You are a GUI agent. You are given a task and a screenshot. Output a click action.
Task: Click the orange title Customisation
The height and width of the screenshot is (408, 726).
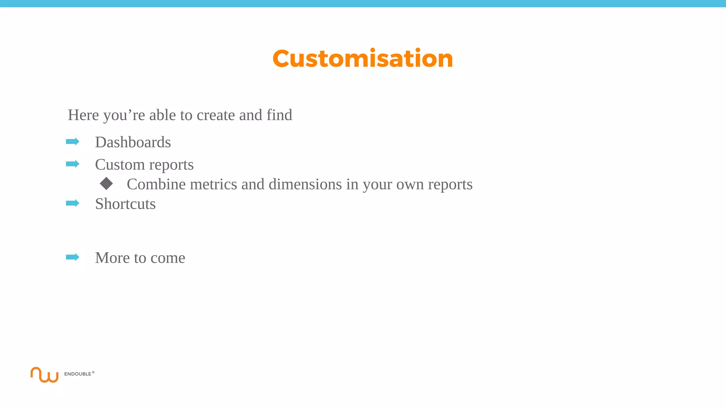click(x=363, y=58)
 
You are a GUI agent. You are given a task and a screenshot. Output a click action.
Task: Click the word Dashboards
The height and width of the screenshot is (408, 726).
click(x=133, y=142)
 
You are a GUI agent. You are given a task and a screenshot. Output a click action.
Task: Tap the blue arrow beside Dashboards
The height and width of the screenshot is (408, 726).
click(x=73, y=142)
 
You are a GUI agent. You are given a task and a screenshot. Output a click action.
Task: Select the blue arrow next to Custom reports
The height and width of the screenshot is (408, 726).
click(x=73, y=164)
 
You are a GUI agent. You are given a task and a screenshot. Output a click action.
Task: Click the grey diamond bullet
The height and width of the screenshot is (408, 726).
click(x=106, y=183)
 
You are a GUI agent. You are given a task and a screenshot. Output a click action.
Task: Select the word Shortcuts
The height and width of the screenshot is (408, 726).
click(x=125, y=204)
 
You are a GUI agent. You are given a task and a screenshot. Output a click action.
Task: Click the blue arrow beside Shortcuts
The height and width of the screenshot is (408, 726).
click(x=73, y=203)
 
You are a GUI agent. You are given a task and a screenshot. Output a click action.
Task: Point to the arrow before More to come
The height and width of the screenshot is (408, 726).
click(x=73, y=257)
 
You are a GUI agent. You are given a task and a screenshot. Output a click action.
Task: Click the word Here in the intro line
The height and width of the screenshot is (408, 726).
click(x=83, y=115)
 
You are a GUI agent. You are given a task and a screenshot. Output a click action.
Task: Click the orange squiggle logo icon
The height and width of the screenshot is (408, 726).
click(x=44, y=375)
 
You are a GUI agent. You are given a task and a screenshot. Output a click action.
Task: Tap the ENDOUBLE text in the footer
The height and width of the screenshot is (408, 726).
click(x=78, y=374)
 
